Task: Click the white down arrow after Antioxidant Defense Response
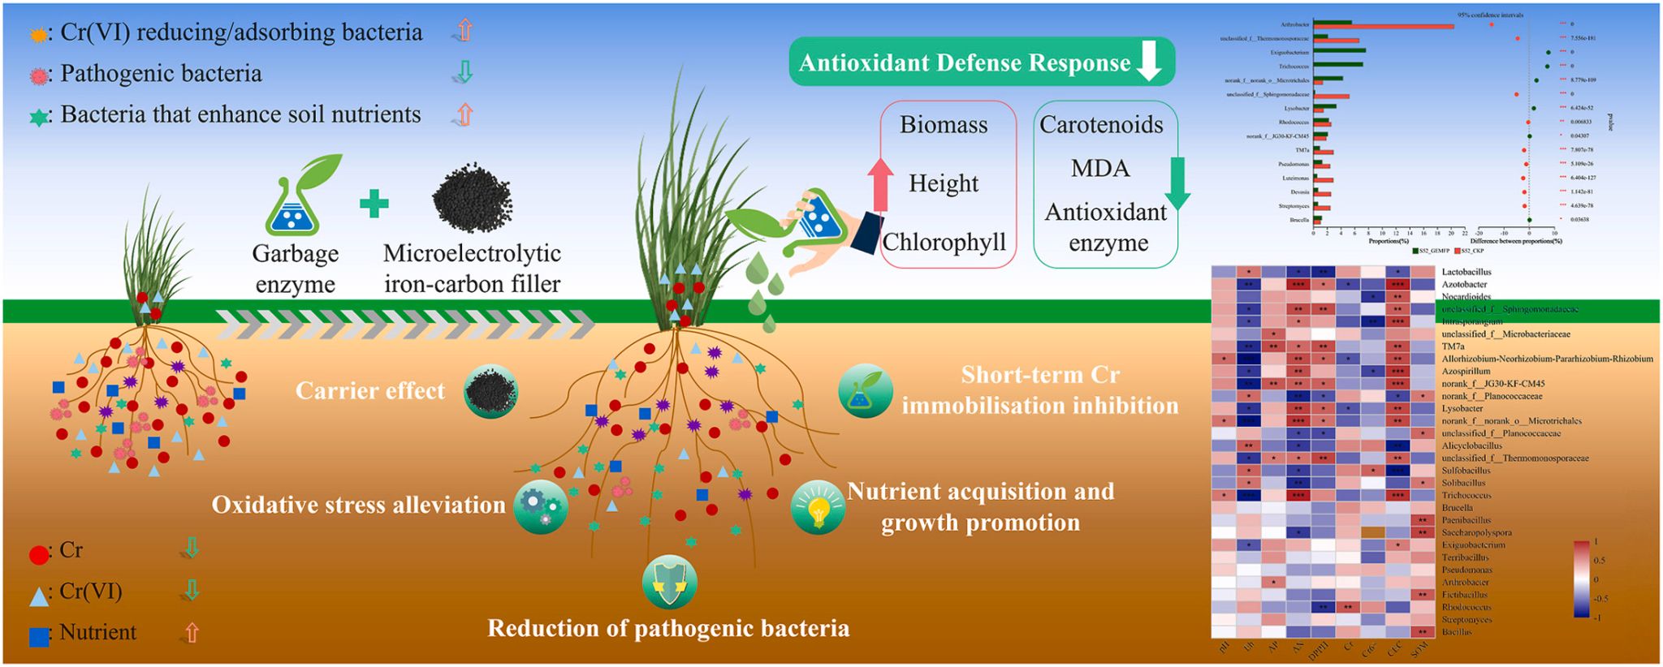pyautogui.click(x=1149, y=62)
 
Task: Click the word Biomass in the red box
pyautogui.click(x=944, y=125)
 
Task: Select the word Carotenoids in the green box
pyautogui.click(x=1101, y=125)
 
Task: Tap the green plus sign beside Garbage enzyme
pyautogui.click(x=374, y=204)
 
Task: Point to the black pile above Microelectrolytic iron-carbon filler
pyautogui.click(x=472, y=196)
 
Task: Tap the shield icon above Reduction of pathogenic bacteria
pyautogui.click(x=669, y=582)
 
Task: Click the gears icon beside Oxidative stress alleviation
pyautogui.click(x=540, y=506)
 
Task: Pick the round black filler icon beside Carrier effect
pyautogui.click(x=490, y=391)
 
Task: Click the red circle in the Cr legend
pyautogui.click(x=38, y=555)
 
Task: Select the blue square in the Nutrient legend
pyautogui.click(x=38, y=637)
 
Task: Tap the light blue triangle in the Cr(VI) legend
pyautogui.click(x=38, y=597)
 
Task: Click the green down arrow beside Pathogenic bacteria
pyautogui.click(x=464, y=73)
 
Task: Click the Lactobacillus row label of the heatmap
pyautogui.click(x=1466, y=272)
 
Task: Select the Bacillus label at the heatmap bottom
pyautogui.click(x=1456, y=632)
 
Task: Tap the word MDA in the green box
pyautogui.click(x=1100, y=169)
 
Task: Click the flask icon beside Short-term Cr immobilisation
pyautogui.click(x=865, y=391)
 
